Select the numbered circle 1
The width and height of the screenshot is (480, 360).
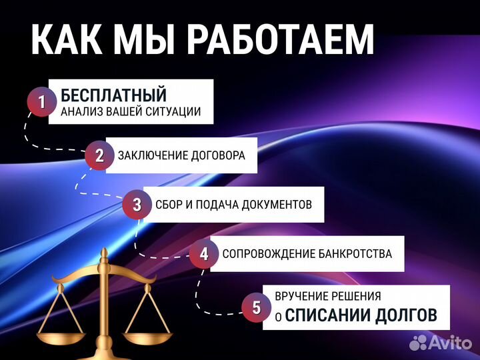(x=41, y=102)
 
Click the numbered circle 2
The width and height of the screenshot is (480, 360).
(x=99, y=156)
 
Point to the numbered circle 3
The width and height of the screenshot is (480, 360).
(x=137, y=205)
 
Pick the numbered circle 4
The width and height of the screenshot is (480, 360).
(x=204, y=254)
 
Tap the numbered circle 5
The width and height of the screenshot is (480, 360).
(x=257, y=307)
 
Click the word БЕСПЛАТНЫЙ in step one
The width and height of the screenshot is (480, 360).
(x=113, y=95)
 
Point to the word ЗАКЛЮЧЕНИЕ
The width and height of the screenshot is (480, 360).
(x=151, y=156)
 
